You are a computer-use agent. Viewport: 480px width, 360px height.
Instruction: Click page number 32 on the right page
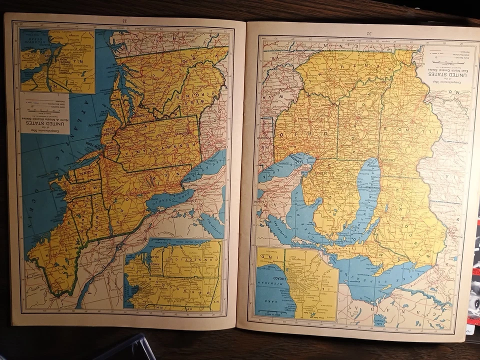(x=369, y=33)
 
